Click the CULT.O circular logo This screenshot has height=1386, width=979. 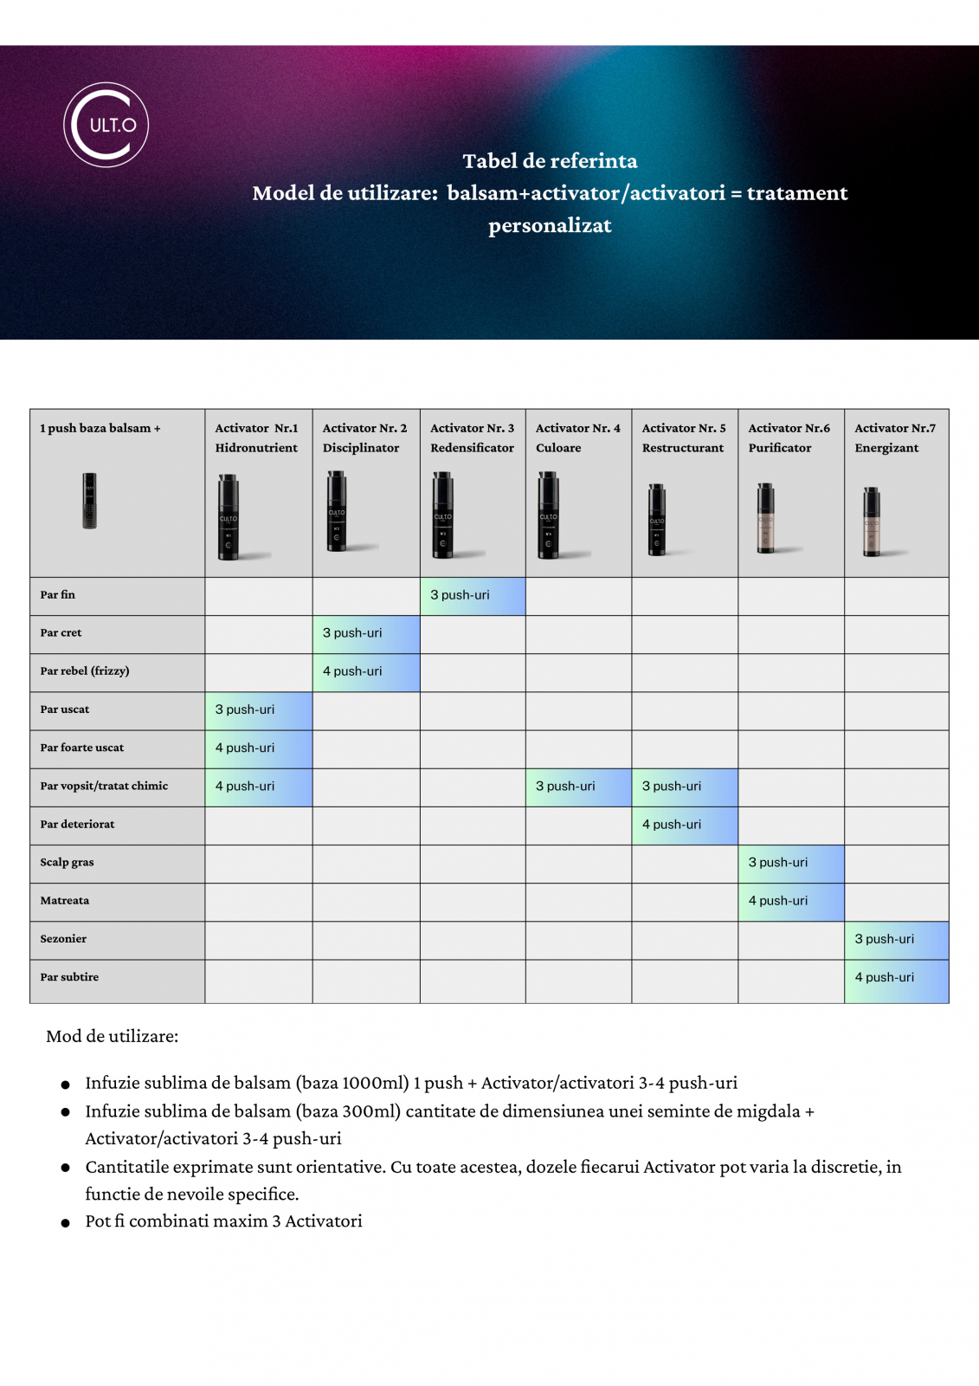click(x=106, y=125)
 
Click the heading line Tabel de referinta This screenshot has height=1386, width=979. click(x=550, y=161)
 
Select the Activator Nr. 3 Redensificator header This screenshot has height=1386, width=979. click(x=472, y=437)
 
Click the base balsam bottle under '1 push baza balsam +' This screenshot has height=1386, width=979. click(x=89, y=501)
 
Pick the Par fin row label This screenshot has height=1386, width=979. click(x=58, y=595)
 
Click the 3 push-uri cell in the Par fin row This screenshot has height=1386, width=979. click(x=472, y=596)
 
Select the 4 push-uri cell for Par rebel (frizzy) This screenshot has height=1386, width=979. click(x=365, y=671)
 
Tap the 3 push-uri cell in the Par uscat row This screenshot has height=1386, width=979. click(x=258, y=709)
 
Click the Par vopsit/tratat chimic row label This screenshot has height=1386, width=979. click(x=104, y=786)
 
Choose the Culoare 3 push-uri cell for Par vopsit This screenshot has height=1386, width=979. click(x=577, y=787)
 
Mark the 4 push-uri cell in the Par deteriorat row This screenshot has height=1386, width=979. click(x=684, y=825)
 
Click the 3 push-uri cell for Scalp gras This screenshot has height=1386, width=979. click(x=790, y=863)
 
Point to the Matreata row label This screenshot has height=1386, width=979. click(x=65, y=901)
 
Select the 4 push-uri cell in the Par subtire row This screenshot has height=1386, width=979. click(x=896, y=977)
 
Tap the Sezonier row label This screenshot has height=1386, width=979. click(x=63, y=939)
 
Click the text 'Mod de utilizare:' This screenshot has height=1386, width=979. click(x=113, y=1036)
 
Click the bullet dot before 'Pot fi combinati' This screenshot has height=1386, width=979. click(x=65, y=1223)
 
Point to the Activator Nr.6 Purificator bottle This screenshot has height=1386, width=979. click(x=766, y=518)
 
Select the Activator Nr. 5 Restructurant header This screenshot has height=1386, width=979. click(x=684, y=437)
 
